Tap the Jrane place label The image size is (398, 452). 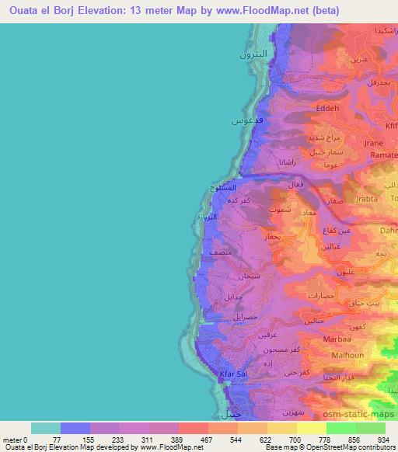click(x=373, y=144)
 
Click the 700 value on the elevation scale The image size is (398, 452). click(x=297, y=439)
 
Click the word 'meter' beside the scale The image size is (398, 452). click(x=12, y=439)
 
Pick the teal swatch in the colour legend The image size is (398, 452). click(x=45, y=428)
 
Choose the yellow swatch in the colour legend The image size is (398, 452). click(x=312, y=428)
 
